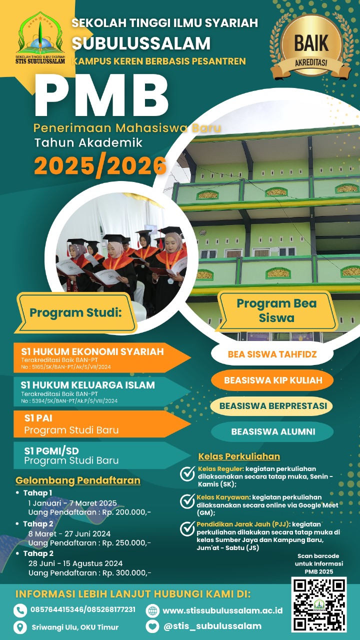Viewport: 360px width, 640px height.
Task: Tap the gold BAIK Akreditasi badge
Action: [307, 46]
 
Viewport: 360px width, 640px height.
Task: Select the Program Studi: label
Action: [75, 313]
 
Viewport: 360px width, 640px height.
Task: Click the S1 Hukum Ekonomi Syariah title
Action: [92, 351]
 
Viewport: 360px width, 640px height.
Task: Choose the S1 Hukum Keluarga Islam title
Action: [88, 385]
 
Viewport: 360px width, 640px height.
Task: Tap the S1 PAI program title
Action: [38, 418]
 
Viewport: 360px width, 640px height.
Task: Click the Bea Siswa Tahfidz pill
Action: [272, 354]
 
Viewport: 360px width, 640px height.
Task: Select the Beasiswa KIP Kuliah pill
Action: [272, 380]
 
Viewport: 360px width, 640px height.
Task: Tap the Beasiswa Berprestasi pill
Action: [272, 405]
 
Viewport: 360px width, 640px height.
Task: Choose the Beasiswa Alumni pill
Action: [272, 432]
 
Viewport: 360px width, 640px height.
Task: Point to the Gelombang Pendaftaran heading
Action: [78, 481]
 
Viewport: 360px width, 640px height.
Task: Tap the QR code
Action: [319, 603]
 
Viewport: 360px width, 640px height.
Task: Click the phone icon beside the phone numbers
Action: [20, 610]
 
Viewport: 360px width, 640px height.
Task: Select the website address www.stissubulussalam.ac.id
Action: [222, 610]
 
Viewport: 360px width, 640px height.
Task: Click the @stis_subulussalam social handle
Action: [212, 626]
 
